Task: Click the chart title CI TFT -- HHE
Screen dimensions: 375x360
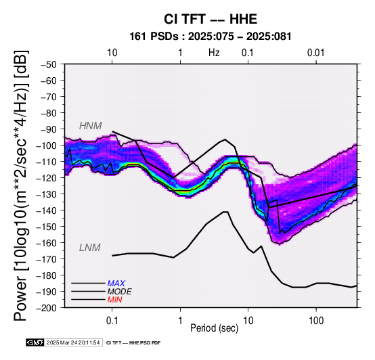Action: tap(211, 19)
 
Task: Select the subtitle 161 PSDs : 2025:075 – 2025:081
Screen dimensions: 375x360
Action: tap(211, 37)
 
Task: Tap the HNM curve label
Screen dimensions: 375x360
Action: tap(91, 126)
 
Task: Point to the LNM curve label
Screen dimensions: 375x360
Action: tap(89, 248)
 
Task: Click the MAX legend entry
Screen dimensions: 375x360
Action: tap(116, 284)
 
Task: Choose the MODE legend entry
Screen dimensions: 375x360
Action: tap(119, 292)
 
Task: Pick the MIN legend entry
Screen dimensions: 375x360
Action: tap(115, 300)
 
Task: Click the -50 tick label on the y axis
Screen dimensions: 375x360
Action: tap(49, 64)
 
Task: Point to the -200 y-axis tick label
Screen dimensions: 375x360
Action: tap(47, 308)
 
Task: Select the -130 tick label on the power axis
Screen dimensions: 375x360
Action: tap(47, 194)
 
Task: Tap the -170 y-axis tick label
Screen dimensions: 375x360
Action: tap(47, 259)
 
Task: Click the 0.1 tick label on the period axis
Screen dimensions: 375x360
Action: tap(112, 321)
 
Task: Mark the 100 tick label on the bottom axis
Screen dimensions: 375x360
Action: tap(316, 321)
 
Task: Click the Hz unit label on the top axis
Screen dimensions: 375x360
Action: tap(214, 53)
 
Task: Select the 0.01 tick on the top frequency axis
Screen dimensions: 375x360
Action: tap(316, 53)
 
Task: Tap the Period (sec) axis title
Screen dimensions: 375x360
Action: tap(215, 328)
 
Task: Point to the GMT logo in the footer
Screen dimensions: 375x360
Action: tap(35, 342)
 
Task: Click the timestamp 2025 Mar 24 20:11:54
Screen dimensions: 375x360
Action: tap(73, 342)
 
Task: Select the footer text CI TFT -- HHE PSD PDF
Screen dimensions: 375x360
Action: tap(133, 343)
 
